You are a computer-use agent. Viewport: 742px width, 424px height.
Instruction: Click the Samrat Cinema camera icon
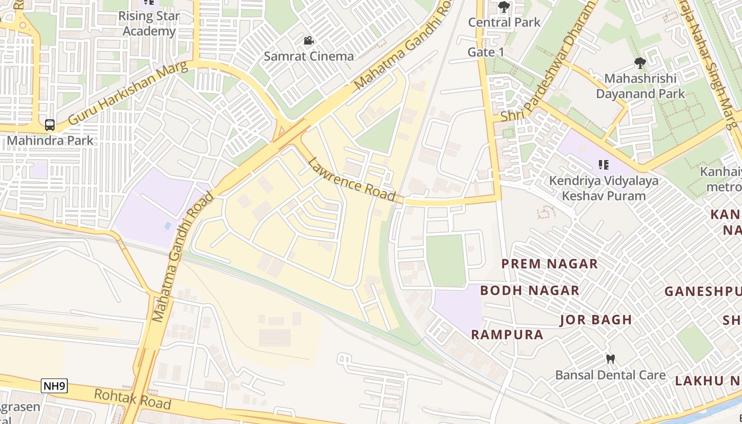[308, 41]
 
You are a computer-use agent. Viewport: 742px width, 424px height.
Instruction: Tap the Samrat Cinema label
[308, 56]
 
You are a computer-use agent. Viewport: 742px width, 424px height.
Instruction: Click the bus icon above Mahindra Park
[50, 125]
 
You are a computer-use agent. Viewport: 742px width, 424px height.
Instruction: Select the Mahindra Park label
[50, 140]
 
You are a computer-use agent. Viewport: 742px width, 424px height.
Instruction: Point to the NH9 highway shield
[54, 386]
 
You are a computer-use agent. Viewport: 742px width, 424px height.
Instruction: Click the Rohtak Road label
[132, 399]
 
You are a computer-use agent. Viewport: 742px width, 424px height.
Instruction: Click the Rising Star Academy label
[149, 23]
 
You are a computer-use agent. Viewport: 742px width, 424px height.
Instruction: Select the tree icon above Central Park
[504, 7]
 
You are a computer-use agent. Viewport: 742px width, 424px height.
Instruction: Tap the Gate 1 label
[486, 52]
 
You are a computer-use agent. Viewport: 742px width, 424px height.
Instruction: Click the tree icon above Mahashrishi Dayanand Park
[640, 63]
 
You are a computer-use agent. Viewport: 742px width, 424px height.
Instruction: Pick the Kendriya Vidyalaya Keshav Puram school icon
[603, 165]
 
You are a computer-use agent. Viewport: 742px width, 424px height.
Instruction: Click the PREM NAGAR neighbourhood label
[550, 263]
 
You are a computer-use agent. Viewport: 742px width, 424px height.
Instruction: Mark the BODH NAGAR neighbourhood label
[529, 290]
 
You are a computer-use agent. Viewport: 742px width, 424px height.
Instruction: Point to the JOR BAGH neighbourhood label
[596, 320]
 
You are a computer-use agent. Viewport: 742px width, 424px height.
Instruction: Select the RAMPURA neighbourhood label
[507, 334]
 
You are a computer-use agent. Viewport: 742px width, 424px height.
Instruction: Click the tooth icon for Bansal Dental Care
[611, 359]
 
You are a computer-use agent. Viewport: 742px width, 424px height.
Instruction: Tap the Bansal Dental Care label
[611, 375]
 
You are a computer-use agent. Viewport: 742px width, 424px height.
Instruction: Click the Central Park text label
[504, 22]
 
